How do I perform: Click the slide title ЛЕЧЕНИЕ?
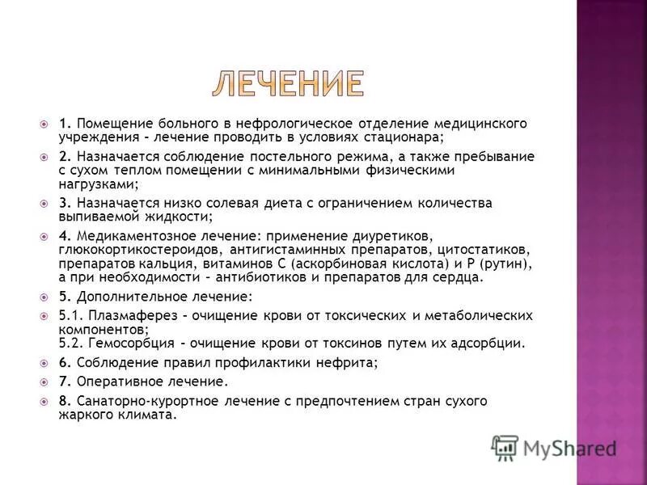pos(289,85)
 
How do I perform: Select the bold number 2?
pos(65,156)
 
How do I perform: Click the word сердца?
pos(460,277)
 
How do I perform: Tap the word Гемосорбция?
pos(123,343)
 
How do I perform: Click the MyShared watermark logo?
pos(554,447)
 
